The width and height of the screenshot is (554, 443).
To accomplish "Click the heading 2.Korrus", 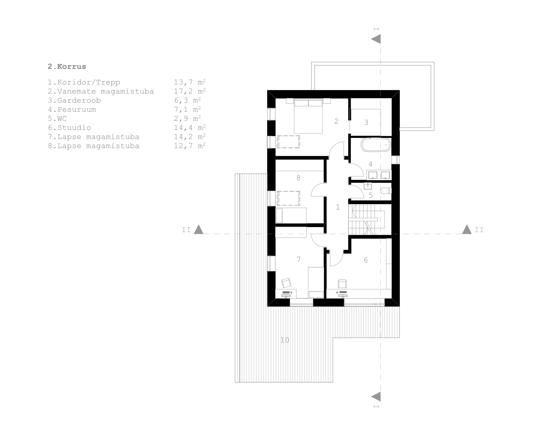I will [67, 66].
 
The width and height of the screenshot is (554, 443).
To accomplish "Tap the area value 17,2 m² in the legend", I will [190, 91].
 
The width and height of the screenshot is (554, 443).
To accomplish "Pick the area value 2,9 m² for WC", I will [187, 118].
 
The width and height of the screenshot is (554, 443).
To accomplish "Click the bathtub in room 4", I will [376, 144].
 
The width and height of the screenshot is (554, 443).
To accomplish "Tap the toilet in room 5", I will [386, 191].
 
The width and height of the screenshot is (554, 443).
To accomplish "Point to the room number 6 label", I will [366, 260].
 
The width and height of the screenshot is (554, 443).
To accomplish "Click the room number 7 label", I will [298, 259].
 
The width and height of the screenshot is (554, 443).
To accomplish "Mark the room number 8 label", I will [298, 178].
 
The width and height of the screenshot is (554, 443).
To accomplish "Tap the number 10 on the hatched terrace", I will [285, 340].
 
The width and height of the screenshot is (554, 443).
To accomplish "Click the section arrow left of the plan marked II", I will [199, 229].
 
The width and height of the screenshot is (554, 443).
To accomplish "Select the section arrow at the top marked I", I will [376, 39].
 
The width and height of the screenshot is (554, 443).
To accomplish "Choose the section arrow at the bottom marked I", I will [376, 396].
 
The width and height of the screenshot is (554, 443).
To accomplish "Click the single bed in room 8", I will [291, 216].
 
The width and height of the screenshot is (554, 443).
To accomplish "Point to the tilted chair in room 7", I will [286, 283].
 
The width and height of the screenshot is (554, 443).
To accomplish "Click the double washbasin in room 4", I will [379, 175].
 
